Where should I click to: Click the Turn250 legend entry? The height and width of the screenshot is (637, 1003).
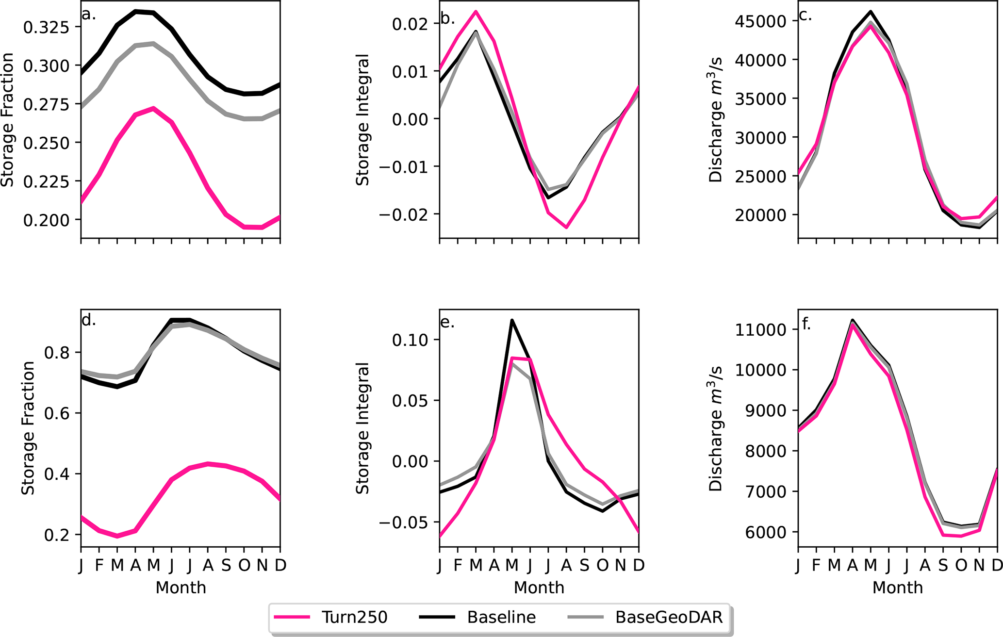(354, 617)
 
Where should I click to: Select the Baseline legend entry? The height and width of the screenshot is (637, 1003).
(501, 617)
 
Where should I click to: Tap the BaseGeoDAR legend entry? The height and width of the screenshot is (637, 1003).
(669, 617)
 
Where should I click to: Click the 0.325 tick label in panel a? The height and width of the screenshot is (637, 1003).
(47, 27)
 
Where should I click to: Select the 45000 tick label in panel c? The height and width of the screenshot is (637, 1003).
(763, 21)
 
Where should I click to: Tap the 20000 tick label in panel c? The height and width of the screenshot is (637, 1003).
(763, 215)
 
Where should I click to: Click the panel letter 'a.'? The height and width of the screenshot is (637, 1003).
(89, 15)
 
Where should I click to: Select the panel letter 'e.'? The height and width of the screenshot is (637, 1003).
(447, 323)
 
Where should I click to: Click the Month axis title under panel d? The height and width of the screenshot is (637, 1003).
(181, 588)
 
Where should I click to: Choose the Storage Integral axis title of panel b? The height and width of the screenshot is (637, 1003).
(362, 120)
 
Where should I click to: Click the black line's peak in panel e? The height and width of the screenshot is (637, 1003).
(512, 320)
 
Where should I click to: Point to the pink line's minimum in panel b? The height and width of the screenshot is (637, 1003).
(566, 227)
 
